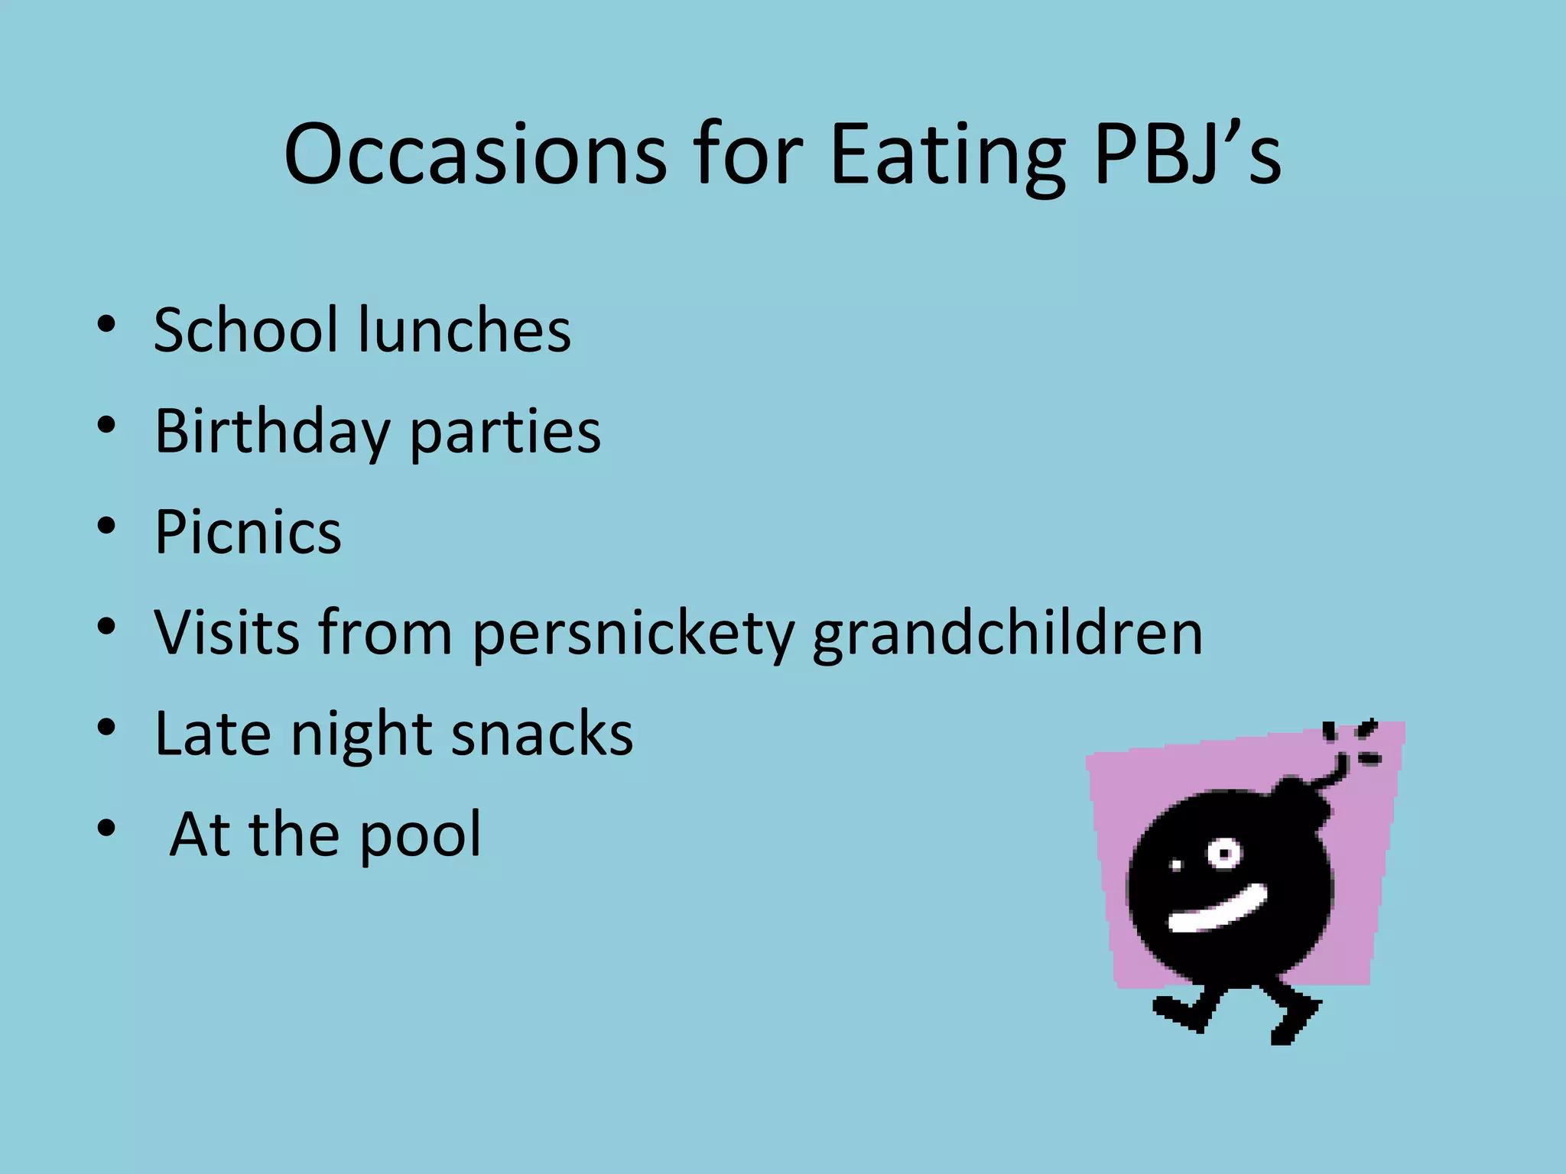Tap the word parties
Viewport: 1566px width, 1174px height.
[505, 433]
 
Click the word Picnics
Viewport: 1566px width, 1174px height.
[248, 532]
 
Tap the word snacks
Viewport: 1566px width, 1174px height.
[542, 734]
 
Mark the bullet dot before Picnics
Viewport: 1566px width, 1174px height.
[106, 526]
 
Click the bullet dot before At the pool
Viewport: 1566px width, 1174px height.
[106, 828]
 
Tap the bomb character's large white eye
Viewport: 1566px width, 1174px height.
[1224, 852]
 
